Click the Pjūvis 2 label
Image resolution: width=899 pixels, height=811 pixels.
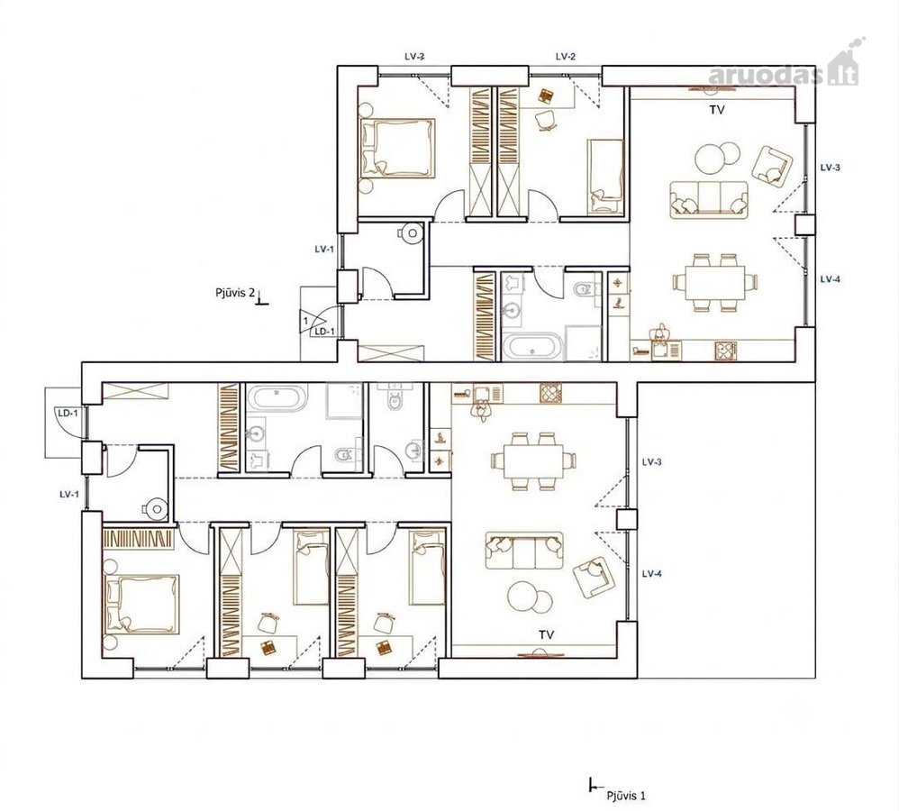click(234, 293)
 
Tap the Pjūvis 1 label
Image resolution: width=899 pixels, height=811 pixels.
click(626, 796)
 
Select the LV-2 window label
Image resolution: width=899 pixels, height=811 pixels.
click(566, 56)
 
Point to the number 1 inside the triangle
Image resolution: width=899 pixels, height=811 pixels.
click(305, 320)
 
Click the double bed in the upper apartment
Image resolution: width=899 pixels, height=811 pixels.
click(396, 148)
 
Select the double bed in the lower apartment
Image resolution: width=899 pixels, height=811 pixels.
click(141, 605)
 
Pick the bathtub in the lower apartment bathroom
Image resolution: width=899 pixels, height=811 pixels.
click(277, 398)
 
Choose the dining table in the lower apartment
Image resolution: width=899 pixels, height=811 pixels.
click(534, 461)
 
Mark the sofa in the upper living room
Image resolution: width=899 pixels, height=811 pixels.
click(709, 199)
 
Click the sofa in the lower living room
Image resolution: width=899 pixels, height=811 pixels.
click(524, 551)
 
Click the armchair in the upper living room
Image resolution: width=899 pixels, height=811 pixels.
click(772, 167)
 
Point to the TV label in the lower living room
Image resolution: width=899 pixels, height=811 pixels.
click(546, 634)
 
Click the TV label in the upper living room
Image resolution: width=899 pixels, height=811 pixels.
click(717, 110)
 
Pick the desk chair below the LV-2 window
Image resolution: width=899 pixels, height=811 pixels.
click(545, 121)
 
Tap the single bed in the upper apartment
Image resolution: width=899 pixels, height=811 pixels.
click(605, 177)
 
